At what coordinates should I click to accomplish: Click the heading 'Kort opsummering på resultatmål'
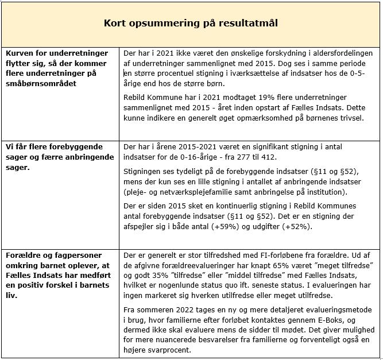(191, 23)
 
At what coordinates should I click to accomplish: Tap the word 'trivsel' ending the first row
(351, 118)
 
